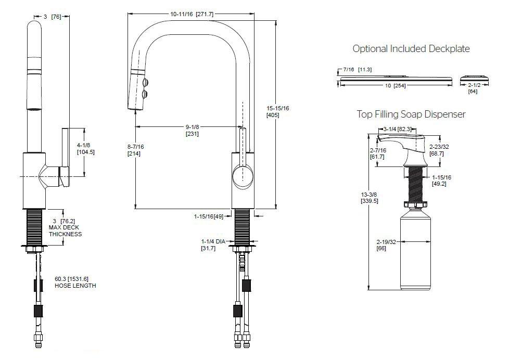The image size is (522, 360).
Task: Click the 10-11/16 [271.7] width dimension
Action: [192, 14]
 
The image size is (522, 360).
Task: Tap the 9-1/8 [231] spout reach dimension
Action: [192, 130]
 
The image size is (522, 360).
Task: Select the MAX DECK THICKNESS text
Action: [65, 230]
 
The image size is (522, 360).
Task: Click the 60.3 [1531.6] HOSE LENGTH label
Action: [75, 282]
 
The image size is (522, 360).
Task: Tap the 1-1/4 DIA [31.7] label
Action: [212, 245]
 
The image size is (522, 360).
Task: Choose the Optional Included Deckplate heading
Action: [411, 49]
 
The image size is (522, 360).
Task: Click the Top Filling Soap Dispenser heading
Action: [411, 114]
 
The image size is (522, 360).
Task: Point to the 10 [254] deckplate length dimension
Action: [396, 85]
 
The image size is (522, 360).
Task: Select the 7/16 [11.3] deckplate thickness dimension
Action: [355, 69]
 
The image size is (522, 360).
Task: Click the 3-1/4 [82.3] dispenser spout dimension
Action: [398, 128]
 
